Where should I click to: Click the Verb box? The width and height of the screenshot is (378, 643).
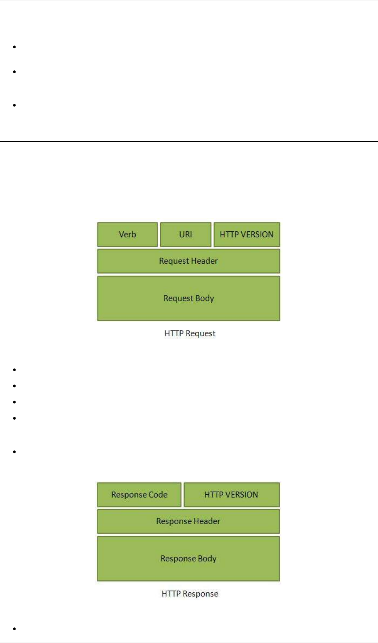coord(127,235)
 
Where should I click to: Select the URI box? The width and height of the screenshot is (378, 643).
coord(186,235)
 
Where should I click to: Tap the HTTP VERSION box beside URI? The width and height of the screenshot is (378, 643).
coord(247,235)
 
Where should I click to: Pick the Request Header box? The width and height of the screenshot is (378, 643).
coord(188,261)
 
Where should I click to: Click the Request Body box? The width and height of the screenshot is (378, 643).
coord(188,298)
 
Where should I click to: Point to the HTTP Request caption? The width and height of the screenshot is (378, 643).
coord(190,333)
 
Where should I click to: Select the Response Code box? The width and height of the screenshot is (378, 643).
coord(139,495)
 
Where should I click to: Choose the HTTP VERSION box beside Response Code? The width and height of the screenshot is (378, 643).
coord(231,495)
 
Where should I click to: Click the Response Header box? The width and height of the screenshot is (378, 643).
coord(188,521)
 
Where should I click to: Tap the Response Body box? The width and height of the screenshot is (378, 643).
coord(188,559)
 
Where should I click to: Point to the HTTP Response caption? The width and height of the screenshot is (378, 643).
coord(190,594)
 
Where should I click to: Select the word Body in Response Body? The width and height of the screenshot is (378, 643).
coord(207,559)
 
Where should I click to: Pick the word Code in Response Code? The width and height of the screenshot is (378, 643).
coord(158,495)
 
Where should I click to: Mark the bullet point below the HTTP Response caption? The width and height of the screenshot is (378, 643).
coord(14,629)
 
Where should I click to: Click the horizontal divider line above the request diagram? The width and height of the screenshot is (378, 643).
coord(189,142)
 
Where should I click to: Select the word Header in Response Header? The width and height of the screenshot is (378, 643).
coord(206,521)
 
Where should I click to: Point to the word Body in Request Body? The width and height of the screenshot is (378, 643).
coord(205,298)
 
